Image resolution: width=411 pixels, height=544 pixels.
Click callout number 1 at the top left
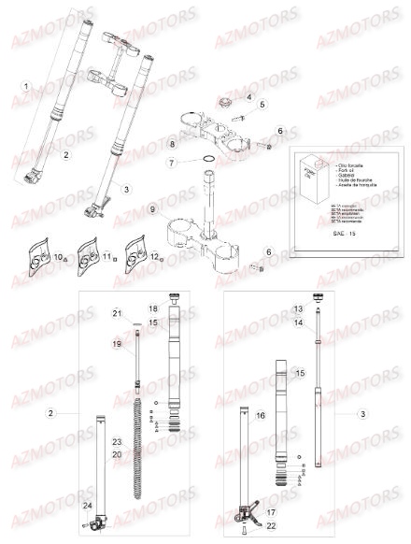tap(27, 86)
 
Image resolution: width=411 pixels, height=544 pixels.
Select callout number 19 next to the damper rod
tap(117, 345)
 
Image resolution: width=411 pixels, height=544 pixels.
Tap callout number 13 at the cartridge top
tap(301, 308)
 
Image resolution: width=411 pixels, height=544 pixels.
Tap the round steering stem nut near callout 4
tap(227, 99)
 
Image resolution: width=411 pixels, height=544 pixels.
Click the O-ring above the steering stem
tap(210, 163)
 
